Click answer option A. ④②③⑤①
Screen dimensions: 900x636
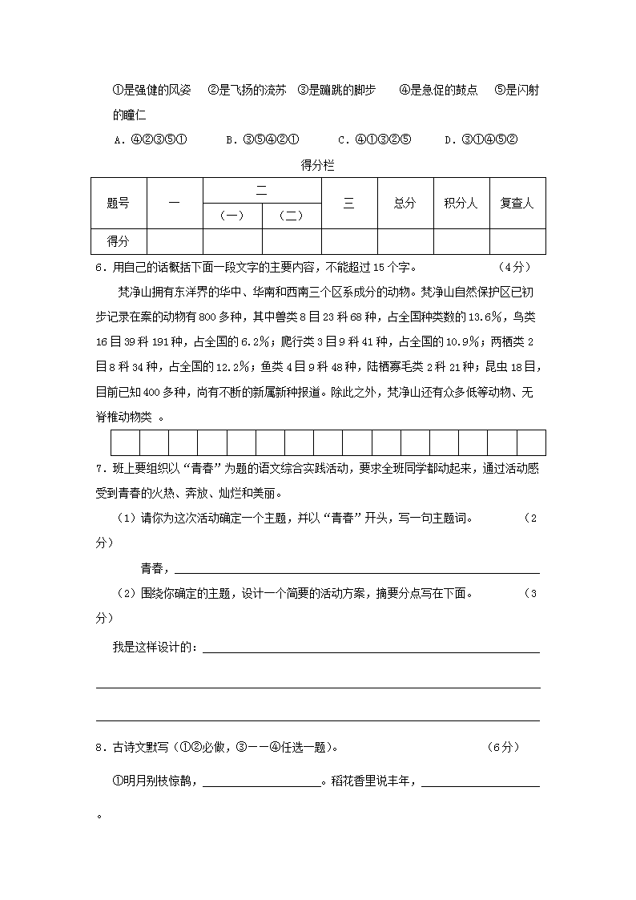[x=151, y=139]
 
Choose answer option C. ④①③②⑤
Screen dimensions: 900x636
[x=374, y=139]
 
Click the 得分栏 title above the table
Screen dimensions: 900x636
[x=317, y=166]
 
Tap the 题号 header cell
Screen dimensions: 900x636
[x=118, y=204]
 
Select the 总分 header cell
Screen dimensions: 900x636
[x=405, y=204]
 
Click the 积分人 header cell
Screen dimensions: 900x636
[x=461, y=204]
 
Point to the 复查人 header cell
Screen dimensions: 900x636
[x=517, y=204]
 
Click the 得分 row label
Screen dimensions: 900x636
[x=118, y=240]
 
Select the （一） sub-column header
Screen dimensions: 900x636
[x=232, y=216]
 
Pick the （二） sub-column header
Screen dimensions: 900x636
[x=291, y=216]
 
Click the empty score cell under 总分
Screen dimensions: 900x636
[x=405, y=240]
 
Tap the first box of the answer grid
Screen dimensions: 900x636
[x=125, y=442]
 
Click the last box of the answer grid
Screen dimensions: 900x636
[x=531, y=442]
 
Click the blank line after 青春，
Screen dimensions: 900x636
[x=356, y=569]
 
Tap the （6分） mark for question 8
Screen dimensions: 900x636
[x=503, y=748]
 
